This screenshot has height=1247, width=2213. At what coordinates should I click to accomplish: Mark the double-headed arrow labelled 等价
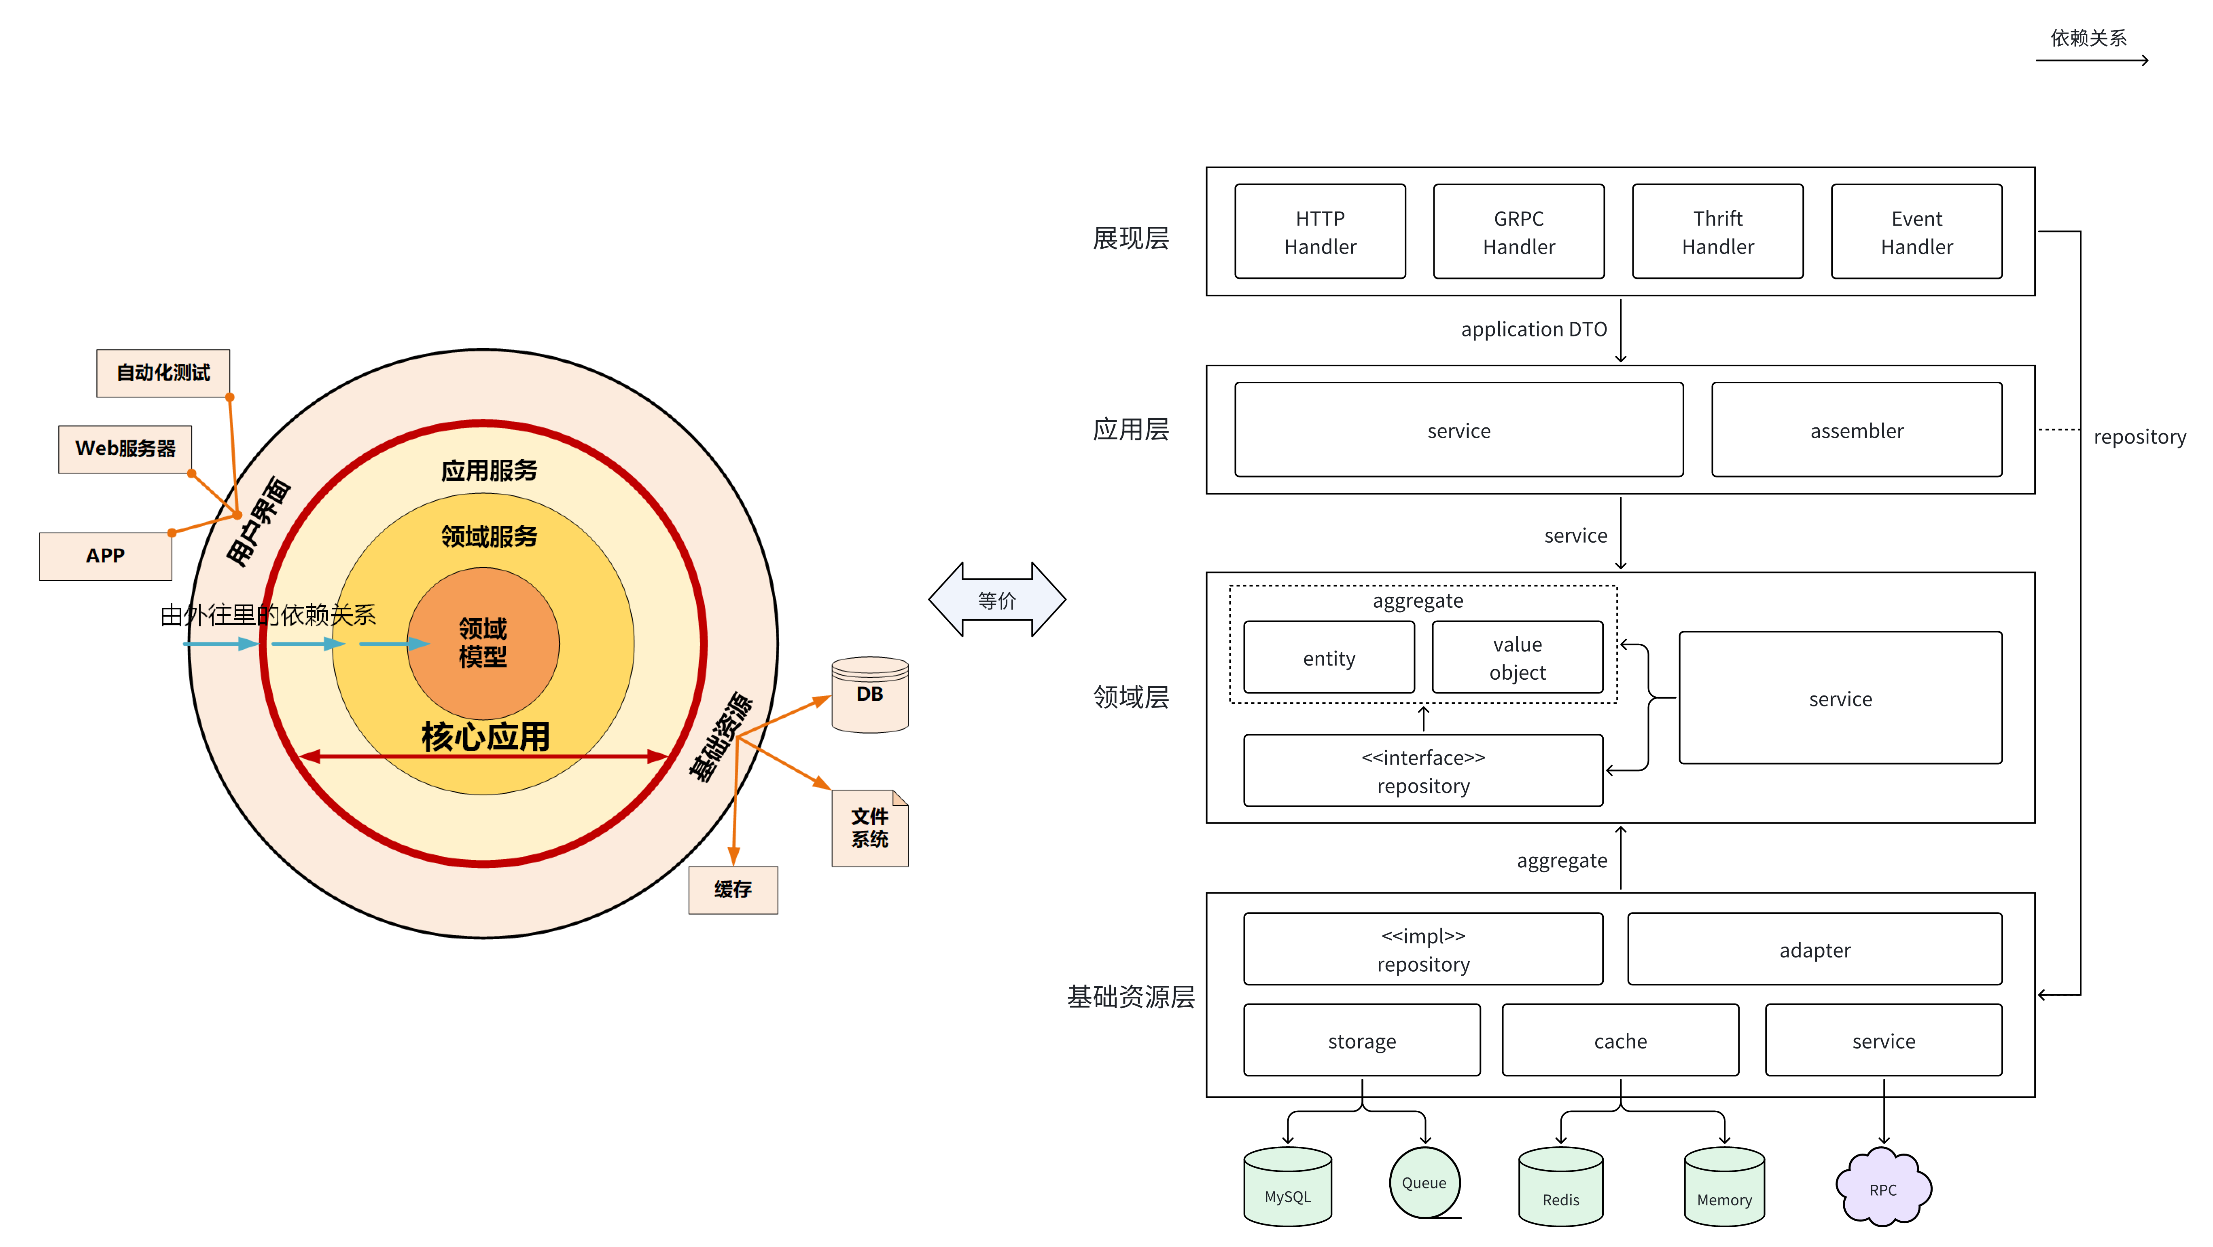(996, 600)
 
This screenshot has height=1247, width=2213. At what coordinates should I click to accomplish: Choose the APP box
(105, 556)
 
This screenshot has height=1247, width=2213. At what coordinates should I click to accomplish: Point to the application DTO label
(1533, 329)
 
